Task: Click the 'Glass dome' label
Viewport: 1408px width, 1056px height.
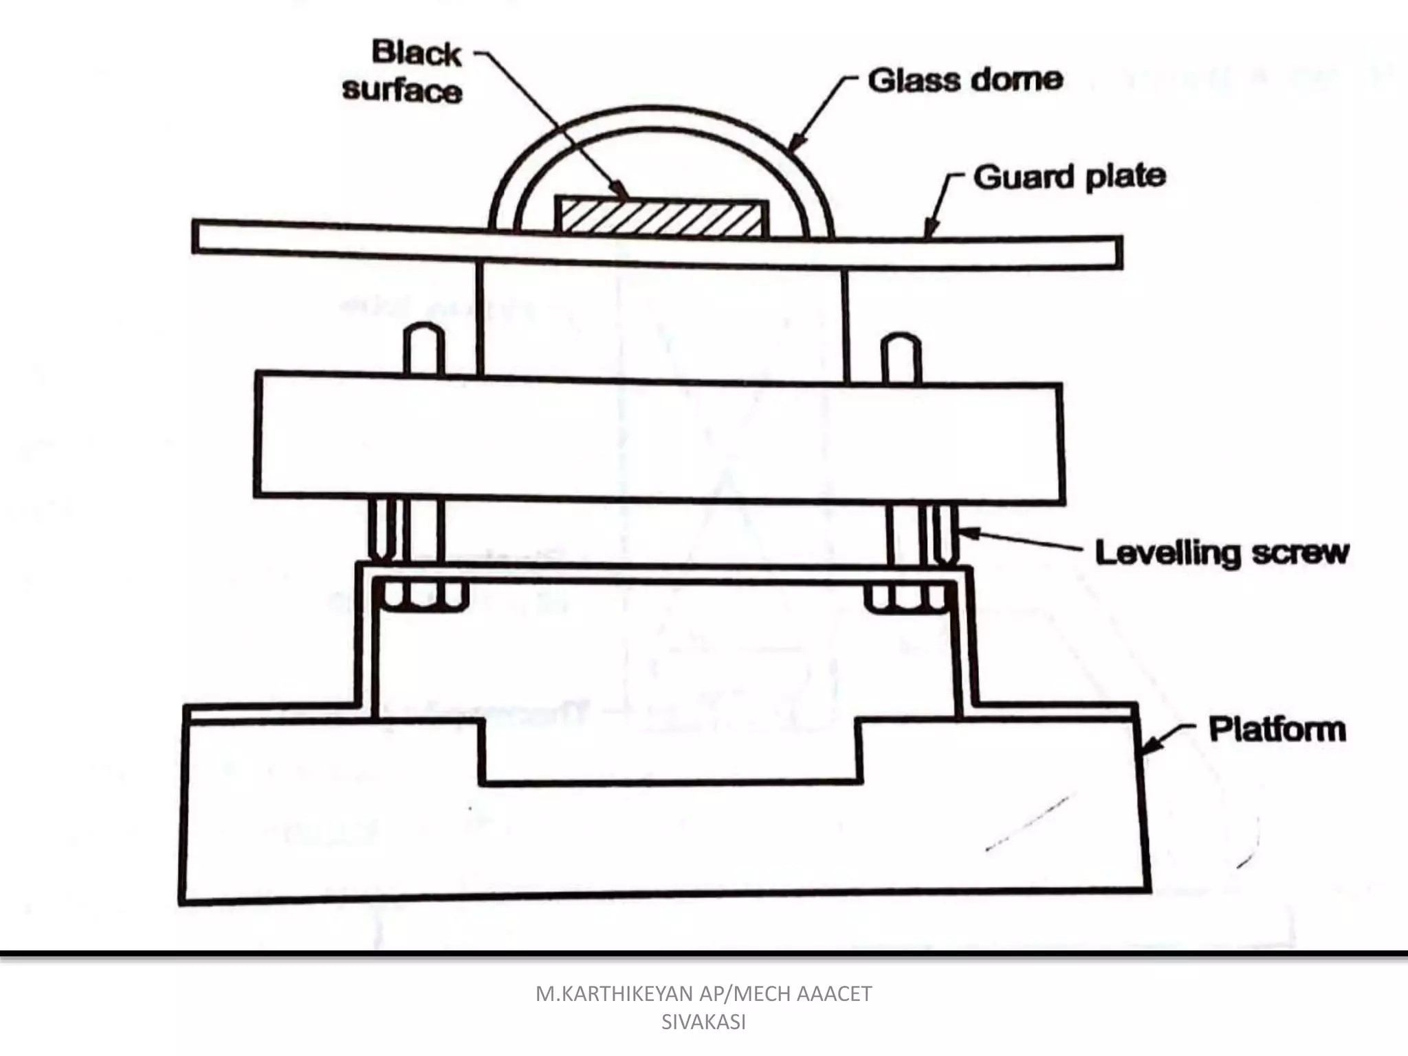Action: (x=965, y=80)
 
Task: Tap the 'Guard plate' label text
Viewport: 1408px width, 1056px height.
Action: (x=1070, y=177)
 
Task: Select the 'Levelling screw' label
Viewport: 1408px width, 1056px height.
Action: (x=1222, y=552)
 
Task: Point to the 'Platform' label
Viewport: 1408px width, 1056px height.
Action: (x=1277, y=729)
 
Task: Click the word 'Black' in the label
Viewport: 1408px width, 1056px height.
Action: (x=417, y=53)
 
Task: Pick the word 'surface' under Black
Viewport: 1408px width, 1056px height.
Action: (x=402, y=90)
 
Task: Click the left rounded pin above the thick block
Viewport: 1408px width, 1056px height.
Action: (x=423, y=350)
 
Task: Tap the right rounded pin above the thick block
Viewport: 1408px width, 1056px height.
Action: (x=901, y=357)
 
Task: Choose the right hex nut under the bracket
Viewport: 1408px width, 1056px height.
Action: (x=905, y=597)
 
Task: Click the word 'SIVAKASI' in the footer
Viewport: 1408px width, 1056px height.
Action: (x=703, y=1022)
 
